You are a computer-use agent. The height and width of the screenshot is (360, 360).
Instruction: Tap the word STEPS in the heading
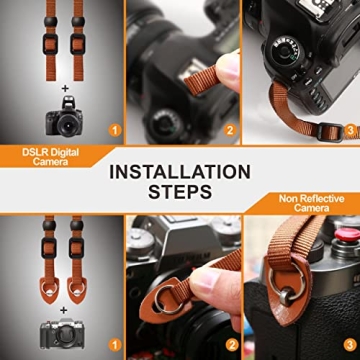tap(180, 193)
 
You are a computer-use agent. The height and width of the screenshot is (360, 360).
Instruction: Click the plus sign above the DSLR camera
tap(64, 88)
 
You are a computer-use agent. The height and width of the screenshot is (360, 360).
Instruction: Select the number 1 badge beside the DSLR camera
tap(114, 130)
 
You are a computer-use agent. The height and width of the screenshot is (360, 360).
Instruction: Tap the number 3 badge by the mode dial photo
tap(349, 130)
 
